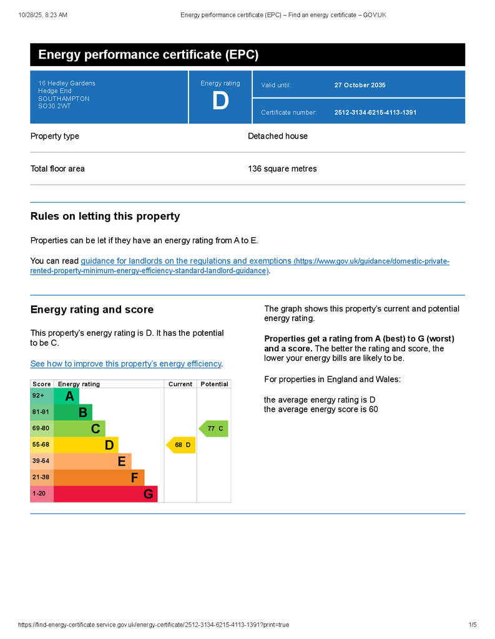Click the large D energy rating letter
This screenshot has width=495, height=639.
[x=220, y=102]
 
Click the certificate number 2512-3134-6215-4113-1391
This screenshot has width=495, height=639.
[x=375, y=113]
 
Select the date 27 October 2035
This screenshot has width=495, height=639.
[x=360, y=85]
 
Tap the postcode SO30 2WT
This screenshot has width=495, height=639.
[x=54, y=106]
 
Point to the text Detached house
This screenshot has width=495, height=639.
[x=278, y=136]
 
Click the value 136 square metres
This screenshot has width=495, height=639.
[x=282, y=168]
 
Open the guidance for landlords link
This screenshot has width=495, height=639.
[x=185, y=261]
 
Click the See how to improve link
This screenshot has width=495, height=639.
[x=126, y=364]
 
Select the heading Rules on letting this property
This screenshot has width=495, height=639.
[x=105, y=217]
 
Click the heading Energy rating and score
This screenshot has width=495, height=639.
[x=92, y=310]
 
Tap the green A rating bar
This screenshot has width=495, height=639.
[x=67, y=396]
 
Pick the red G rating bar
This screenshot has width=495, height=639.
[x=105, y=494]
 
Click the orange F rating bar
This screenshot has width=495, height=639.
[x=99, y=478]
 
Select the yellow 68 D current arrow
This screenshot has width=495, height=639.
[x=182, y=445]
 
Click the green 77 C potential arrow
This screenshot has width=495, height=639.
[x=214, y=429]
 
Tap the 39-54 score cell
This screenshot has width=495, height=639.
[x=42, y=461]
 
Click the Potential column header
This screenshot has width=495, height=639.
[x=214, y=384]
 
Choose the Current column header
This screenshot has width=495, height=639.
[x=180, y=384]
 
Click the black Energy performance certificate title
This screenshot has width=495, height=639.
[x=148, y=55]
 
